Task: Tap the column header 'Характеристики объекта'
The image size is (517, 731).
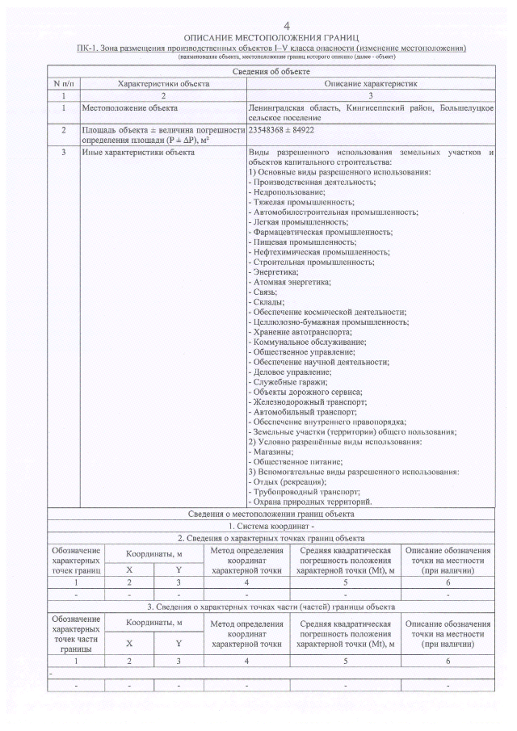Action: pos(163,83)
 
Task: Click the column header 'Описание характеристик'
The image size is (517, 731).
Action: pos(370,83)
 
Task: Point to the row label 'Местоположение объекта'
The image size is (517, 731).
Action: pos(130,107)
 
